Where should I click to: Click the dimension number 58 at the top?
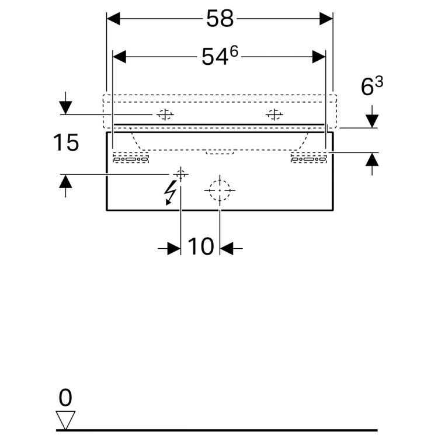(219, 19)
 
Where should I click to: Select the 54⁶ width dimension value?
(220, 57)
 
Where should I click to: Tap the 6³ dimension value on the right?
(371, 87)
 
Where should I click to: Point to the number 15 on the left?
(65, 142)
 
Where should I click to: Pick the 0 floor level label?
(65, 398)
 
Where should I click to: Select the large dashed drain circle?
(219, 190)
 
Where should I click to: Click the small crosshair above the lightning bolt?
(180, 173)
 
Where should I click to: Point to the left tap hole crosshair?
(164, 114)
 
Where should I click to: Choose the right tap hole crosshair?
(273, 114)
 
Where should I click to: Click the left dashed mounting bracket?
(131, 158)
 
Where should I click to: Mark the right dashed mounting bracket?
(308, 158)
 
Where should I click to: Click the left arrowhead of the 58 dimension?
(113, 19)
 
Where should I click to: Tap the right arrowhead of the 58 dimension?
(326, 19)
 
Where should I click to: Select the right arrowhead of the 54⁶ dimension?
(319, 57)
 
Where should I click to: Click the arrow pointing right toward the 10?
(173, 249)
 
